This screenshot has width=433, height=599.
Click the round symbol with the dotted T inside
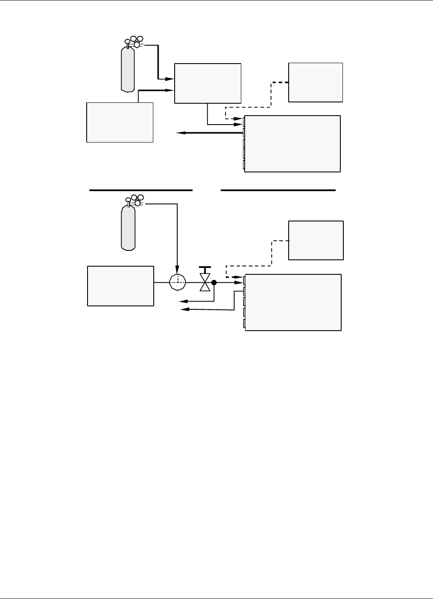click(178, 282)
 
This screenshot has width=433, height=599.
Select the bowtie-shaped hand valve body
click(205, 283)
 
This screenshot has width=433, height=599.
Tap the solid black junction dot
click(214, 282)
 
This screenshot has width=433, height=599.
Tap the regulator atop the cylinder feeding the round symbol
click(135, 200)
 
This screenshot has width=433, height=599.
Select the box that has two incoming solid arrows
click(208, 83)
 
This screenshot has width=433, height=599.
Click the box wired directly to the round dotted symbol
click(120, 286)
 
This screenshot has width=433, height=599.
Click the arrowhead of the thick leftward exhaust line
click(180, 133)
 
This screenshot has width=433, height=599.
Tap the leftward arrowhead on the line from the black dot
click(183, 301)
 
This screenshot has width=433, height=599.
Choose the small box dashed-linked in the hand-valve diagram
click(316, 240)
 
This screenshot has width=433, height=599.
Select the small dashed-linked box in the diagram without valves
click(316, 82)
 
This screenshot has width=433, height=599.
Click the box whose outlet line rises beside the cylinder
click(120, 122)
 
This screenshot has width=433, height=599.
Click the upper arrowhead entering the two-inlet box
click(170, 79)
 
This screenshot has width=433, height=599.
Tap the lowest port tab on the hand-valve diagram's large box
click(245, 324)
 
